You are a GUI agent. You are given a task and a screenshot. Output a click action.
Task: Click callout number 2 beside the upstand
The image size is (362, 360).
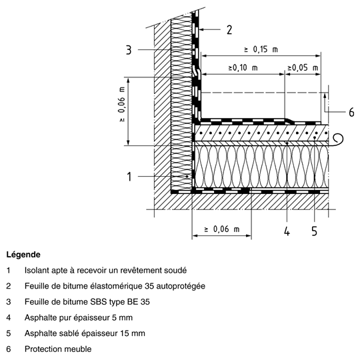pos(229,30)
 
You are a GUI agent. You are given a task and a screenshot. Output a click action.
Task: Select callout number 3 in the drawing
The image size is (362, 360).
pos(129,50)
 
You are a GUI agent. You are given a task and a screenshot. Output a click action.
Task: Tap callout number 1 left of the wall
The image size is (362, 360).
pos(129,177)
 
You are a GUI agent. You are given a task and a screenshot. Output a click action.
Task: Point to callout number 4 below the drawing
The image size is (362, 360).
pos(287,231)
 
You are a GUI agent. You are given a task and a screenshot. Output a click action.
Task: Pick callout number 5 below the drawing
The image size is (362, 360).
pos(315,231)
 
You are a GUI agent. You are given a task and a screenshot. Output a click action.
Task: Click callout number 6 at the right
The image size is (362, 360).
pos(351,112)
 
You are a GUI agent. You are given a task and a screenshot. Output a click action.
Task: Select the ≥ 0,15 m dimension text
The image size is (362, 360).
pos(261,49)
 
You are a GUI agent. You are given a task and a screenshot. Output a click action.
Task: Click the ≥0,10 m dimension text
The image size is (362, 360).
pos(243,67)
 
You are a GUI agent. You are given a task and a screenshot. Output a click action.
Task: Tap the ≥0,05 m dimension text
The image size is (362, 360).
pos(303,67)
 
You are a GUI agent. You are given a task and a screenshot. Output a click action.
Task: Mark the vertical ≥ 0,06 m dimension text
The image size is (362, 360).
pos(122,105)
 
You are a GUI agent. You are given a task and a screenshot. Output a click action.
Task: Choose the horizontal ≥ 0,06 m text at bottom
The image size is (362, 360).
pos(222,229)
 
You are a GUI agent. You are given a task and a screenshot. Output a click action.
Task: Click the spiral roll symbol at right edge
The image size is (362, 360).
pos(337,140)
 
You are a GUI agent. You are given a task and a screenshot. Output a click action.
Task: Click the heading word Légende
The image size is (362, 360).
pos(23,255)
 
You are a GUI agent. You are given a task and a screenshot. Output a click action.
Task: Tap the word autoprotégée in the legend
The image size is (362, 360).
pos(181,286)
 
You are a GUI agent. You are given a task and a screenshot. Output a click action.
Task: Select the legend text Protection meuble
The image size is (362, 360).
pos(58,349)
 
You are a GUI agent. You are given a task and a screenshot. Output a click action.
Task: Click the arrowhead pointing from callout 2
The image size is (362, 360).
pos(201,29)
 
